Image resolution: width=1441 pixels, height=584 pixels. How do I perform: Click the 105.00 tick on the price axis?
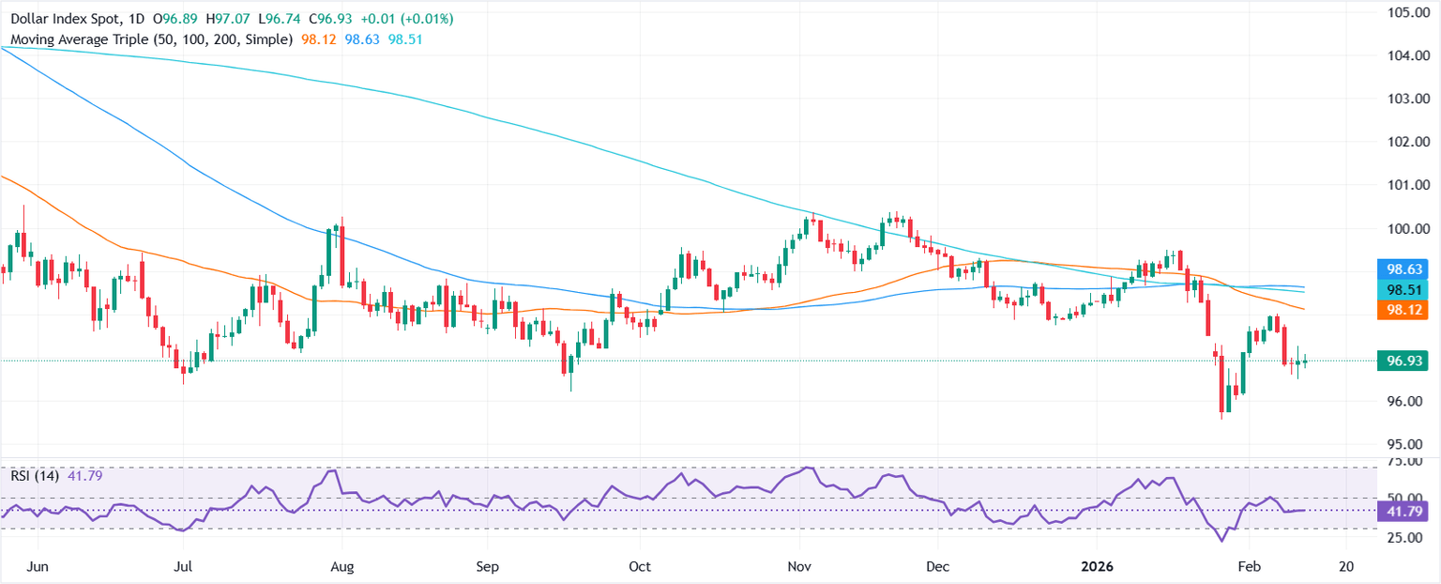point(1406,12)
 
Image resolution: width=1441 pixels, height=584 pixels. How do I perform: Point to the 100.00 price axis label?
point(1406,228)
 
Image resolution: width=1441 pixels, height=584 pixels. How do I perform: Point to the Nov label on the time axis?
point(799,567)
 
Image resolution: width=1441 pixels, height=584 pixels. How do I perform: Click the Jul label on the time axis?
point(184,567)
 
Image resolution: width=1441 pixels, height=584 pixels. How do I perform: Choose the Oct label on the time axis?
point(640,567)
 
